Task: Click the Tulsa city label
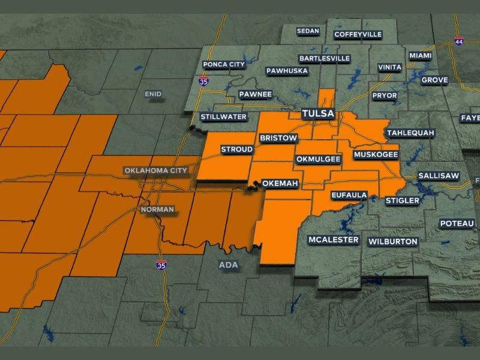point(318,114)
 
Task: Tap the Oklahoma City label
point(157,170)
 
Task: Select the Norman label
point(157,210)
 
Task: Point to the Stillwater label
point(224,116)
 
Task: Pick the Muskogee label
point(376,155)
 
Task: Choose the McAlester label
point(334,240)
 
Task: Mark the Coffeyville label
point(358,34)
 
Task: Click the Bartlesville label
point(324,58)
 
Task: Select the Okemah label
point(280,184)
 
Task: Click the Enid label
point(154,94)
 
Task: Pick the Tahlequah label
point(410,133)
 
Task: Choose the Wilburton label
point(393,242)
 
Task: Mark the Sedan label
point(308,31)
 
